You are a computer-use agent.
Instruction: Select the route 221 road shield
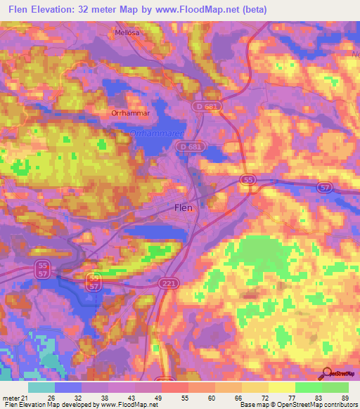click(x=174, y=283)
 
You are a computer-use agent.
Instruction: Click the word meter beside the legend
click(x=8, y=397)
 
